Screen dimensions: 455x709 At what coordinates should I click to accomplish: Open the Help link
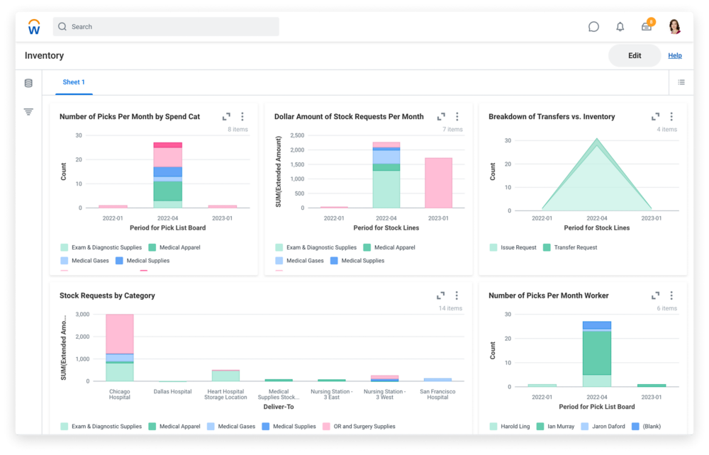pyautogui.click(x=674, y=56)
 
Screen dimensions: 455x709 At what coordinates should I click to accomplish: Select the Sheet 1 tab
pyautogui.click(x=74, y=82)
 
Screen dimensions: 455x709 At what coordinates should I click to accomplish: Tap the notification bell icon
pyautogui.click(x=620, y=27)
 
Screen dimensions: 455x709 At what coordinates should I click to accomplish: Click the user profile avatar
pyautogui.click(x=674, y=27)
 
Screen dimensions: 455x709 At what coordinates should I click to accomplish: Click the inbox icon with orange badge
pyautogui.click(x=647, y=27)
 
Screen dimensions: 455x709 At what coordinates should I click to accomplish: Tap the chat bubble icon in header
pyautogui.click(x=593, y=27)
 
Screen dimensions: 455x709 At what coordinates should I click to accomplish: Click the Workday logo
pyautogui.click(x=34, y=27)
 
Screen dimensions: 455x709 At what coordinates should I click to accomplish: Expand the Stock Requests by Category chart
pyautogui.click(x=440, y=296)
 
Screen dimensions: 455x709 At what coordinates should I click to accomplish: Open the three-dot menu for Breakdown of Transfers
pyautogui.click(x=671, y=117)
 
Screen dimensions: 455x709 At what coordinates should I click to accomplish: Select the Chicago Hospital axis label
pyautogui.click(x=120, y=394)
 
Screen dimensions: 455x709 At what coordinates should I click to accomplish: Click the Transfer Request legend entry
pyautogui.click(x=575, y=247)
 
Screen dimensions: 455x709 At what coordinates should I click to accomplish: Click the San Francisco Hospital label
pyautogui.click(x=437, y=394)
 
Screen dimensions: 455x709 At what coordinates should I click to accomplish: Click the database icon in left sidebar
pyautogui.click(x=28, y=83)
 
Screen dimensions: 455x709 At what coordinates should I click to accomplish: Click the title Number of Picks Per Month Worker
pyautogui.click(x=548, y=296)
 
